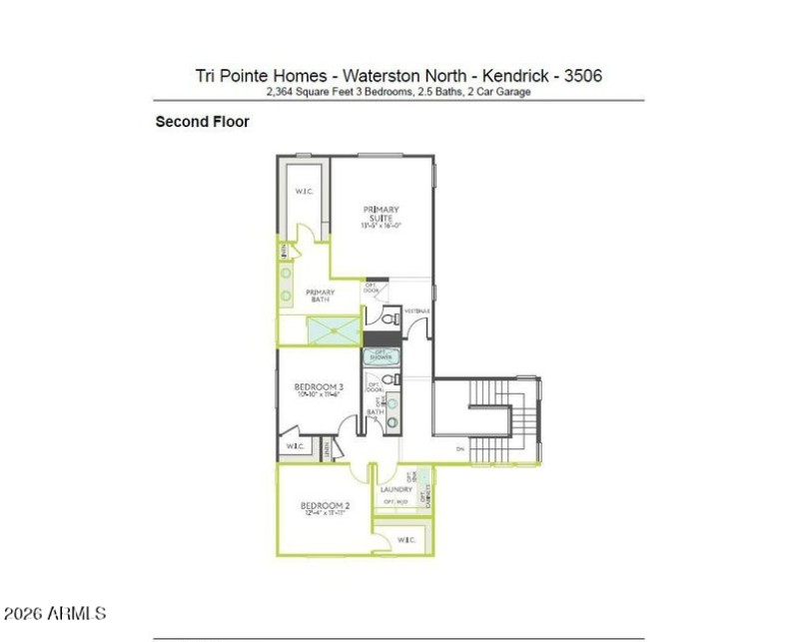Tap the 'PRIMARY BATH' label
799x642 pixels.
pyautogui.click(x=320, y=296)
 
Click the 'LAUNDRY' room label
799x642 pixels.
pyautogui.click(x=397, y=489)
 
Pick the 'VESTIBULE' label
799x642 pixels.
pyautogui.click(x=417, y=312)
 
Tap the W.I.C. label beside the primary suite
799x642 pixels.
pyautogui.click(x=305, y=192)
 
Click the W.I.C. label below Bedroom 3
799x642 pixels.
pyautogui.click(x=296, y=446)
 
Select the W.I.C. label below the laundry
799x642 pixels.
pyautogui.click(x=406, y=540)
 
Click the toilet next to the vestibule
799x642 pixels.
pyautogui.click(x=387, y=319)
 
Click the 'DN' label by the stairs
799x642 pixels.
pyautogui.click(x=460, y=449)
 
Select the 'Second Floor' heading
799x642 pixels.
pyautogui.click(x=202, y=122)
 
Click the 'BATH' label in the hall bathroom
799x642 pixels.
pyautogui.click(x=376, y=411)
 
